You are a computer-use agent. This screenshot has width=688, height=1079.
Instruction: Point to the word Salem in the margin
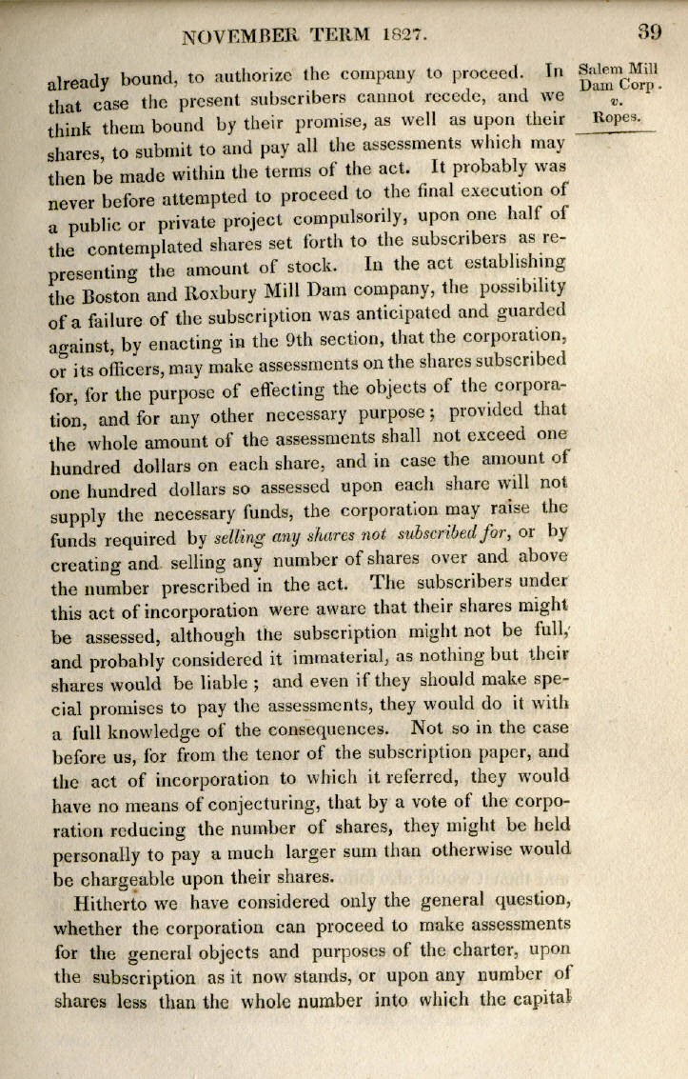(x=600, y=69)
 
